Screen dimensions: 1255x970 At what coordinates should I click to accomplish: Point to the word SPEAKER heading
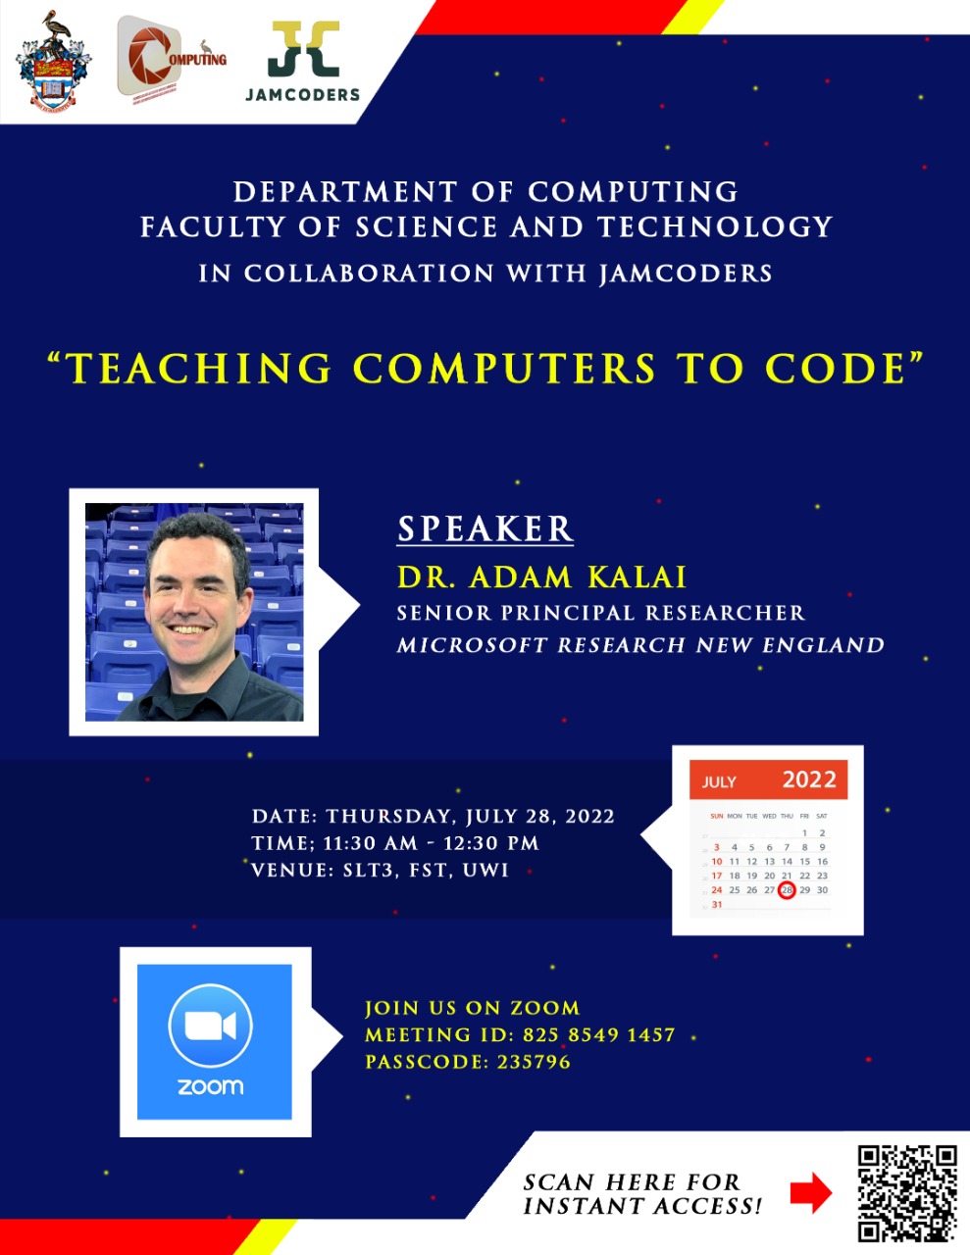(485, 528)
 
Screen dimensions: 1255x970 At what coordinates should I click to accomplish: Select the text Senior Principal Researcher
(600, 613)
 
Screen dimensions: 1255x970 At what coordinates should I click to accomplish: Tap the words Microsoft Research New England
(640, 645)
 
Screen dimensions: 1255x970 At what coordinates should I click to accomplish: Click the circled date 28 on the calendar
(787, 890)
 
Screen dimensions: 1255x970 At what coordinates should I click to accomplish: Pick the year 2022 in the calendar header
(809, 780)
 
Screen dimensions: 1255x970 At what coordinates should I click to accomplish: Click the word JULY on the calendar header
(719, 782)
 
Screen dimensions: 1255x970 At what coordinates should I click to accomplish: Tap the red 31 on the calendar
(717, 905)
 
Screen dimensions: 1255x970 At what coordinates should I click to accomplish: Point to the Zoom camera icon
(211, 1026)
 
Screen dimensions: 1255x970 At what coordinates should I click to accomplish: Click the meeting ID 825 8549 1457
(598, 1034)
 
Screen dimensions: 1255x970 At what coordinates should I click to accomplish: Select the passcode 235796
(534, 1062)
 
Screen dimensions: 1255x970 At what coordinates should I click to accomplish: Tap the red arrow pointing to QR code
(810, 1193)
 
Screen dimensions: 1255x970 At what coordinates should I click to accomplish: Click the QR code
(906, 1193)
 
